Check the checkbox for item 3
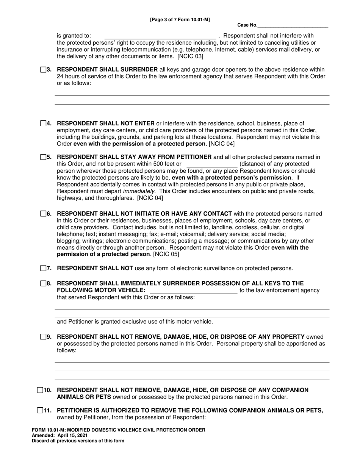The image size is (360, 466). tap(43, 70)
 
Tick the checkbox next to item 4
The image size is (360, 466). tap(43, 124)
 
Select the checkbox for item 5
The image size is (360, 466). tap(43, 157)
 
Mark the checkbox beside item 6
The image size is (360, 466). tap(43, 214)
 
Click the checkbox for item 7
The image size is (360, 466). tap(43, 268)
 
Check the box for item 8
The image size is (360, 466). tap(43, 283)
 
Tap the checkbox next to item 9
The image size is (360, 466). tap(43, 337)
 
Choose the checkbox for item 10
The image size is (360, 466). tap(40, 390)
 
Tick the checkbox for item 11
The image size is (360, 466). tap(40, 410)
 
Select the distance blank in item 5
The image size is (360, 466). tap(212, 164)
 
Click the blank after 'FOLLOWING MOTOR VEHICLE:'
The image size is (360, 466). tap(194, 291)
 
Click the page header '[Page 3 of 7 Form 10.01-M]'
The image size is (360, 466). tap(180, 19)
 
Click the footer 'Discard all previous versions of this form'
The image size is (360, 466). tap(78, 441)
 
